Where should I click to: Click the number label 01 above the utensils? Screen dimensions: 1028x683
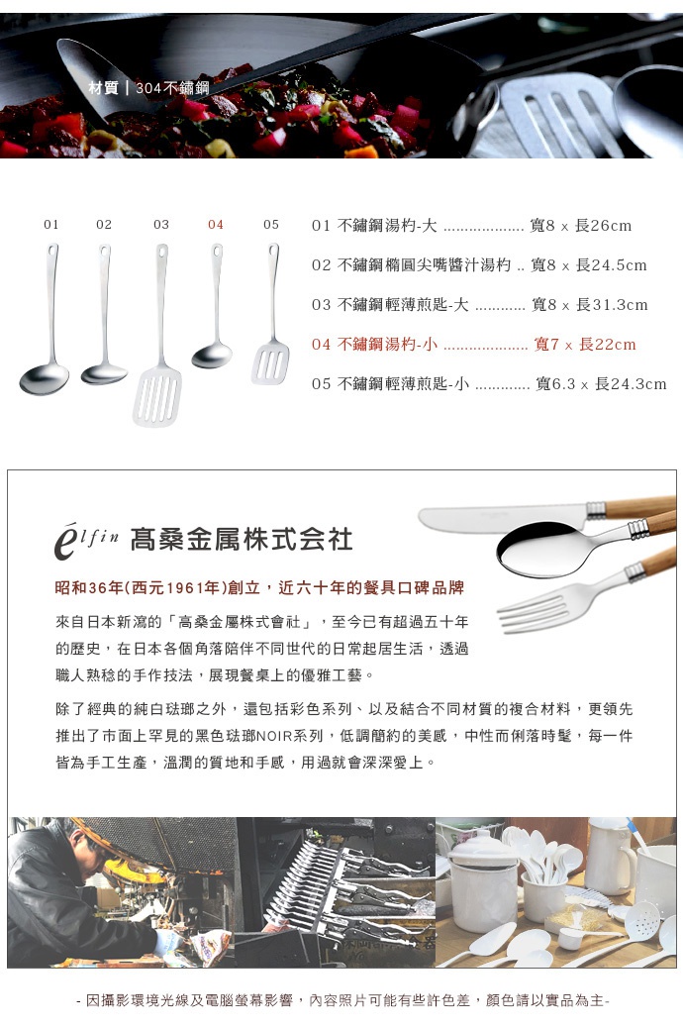click(51, 225)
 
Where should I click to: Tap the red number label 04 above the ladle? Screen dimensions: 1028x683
click(216, 225)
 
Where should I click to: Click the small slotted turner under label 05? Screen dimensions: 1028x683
click(269, 362)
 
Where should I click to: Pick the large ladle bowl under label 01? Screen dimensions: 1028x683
click(45, 378)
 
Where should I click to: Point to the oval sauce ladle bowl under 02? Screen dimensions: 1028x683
click(104, 373)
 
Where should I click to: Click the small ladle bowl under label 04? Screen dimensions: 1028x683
click(212, 355)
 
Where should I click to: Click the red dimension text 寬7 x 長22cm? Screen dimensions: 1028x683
click(584, 345)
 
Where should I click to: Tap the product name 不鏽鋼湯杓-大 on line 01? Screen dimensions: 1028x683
click(388, 226)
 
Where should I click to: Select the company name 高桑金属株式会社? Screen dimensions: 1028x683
click(241, 540)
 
